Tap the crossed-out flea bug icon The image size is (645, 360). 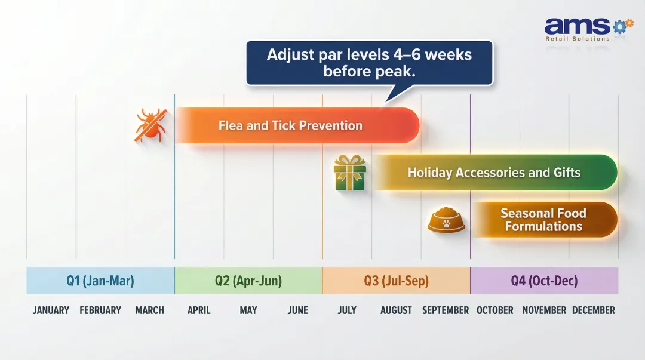(x=150, y=125)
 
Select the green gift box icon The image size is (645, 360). (x=349, y=173)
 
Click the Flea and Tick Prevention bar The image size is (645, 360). (x=297, y=125)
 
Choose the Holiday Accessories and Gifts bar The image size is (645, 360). (x=494, y=173)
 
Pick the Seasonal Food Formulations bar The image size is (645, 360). (x=543, y=220)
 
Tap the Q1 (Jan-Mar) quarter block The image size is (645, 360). (x=100, y=281)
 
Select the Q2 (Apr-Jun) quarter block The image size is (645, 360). (x=248, y=281)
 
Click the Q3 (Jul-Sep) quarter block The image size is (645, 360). (x=396, y=281)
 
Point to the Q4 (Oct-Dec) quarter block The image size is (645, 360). (x=544, y=281)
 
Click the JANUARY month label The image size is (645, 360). (x=51, y=310)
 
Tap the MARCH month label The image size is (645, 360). (x=149, y=310)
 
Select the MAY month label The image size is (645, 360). (x=248, y=310)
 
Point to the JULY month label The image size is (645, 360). (x=347, y=310)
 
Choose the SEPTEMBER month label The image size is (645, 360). (x=446, y=310)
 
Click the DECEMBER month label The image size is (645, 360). (x=593, y=310)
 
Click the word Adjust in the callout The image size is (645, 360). (x=289, y=55)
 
